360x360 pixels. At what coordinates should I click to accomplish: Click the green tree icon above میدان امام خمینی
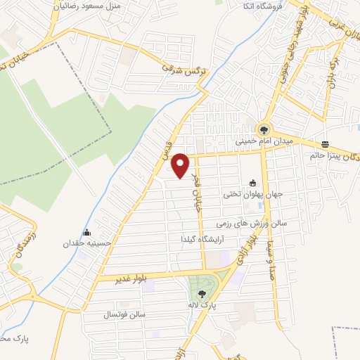pyautogui.click(x=264, y=129)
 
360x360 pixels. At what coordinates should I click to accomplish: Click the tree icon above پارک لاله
pyautogui.click(x=202, y=294)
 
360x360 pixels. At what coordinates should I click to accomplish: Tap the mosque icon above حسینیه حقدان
pyautogui.click(x=86, y=233)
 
